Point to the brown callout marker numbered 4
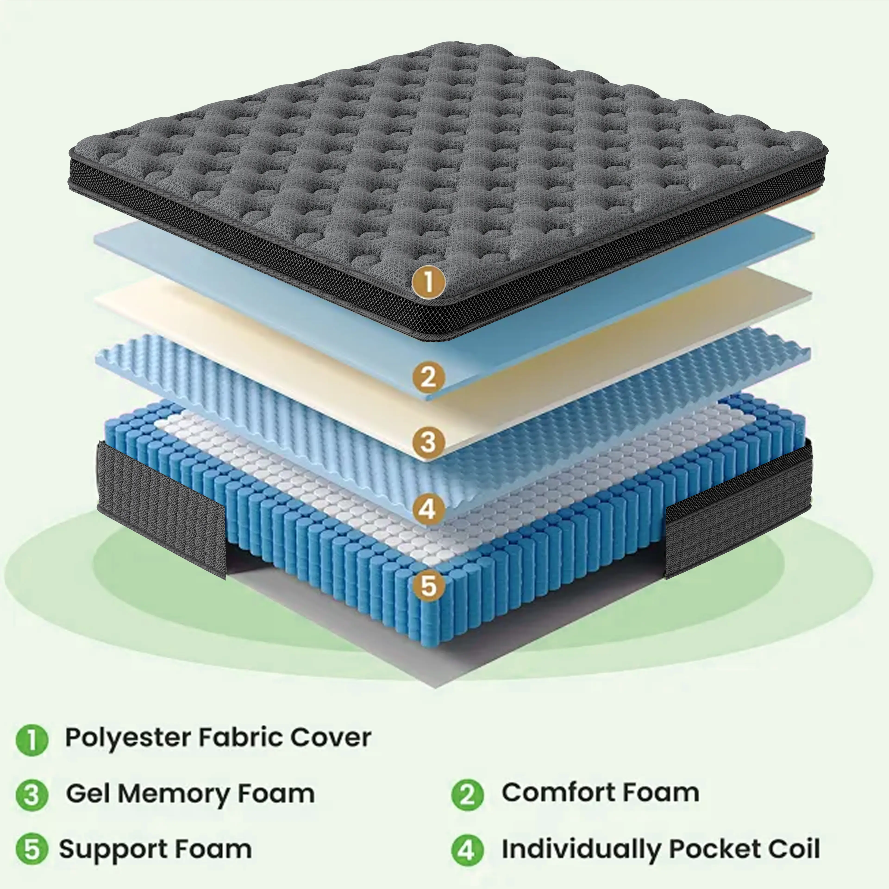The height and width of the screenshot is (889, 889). click(x=428, y=509)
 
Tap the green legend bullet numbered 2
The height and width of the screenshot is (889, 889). click(x=467, y=795)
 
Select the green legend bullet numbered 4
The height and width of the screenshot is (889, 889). click(x=467, y=849)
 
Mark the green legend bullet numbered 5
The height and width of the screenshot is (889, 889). click(x=32, y=849)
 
